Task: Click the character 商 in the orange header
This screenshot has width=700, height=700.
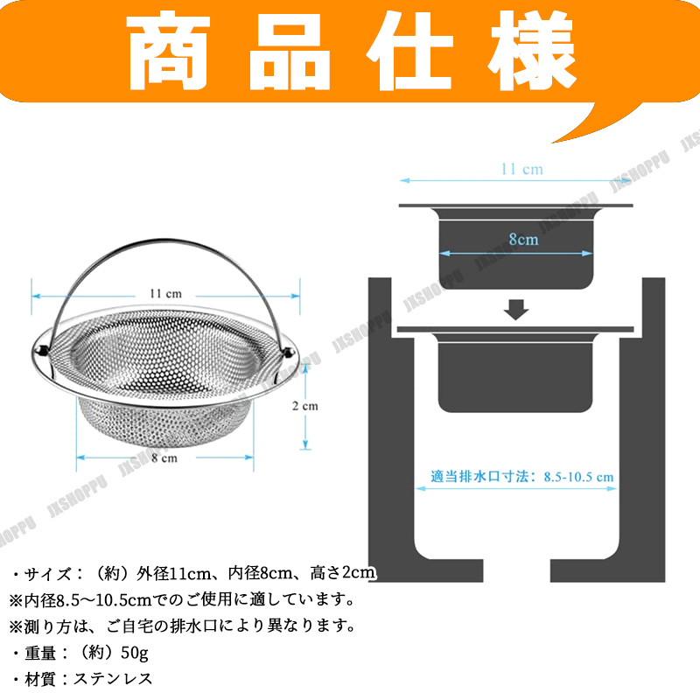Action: (x=168, y=52)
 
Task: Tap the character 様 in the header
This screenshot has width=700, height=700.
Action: (x=532, y=50)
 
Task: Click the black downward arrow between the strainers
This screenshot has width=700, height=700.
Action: (x=516, y=310)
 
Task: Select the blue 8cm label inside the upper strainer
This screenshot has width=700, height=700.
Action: (x=523, y=240)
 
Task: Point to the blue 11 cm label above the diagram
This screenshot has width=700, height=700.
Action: (x=521, y=169)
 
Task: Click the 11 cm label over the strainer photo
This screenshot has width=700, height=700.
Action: (x=165, y=294)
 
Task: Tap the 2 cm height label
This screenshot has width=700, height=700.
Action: (x=305, y=406)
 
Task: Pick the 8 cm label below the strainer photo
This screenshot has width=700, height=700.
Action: (x=164, y=458)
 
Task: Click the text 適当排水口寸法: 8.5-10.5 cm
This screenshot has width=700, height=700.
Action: (x=521, y=476)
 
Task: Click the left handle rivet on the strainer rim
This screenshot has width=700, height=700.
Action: (x=42, y=352)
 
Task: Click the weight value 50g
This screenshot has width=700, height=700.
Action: (x=135, y=653)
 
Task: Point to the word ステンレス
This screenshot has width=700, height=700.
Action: (x=113, y=679)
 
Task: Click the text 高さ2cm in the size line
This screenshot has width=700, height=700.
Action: (x=343, y=573)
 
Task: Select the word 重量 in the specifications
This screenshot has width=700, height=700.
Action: (x=40, y=653)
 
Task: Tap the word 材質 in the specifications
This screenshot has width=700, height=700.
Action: (x=40, y=680)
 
